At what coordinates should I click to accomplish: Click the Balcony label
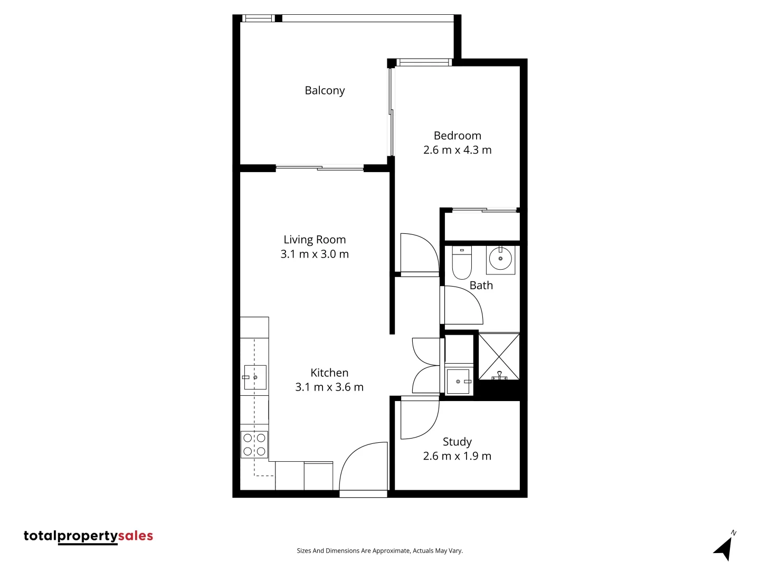(x=325, y=91)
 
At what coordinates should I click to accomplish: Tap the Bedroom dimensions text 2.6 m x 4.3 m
(x=457, y=150)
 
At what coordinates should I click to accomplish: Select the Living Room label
(x=315, y=240)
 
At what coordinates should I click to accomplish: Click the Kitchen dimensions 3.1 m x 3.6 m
(x=329, y=387)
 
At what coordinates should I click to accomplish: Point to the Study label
(x=457, y=442)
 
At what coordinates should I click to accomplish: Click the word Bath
(x=481, y=286)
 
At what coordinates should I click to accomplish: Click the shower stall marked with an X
(x=499, y=356)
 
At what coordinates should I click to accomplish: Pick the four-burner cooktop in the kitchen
(x=254, y=444)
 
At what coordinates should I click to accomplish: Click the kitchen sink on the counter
(x=255, y=377)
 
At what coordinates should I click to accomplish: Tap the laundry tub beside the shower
(x=458, y=381)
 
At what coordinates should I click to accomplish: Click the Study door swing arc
(x=420, y=420)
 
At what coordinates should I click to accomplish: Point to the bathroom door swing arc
(x=463, y=305)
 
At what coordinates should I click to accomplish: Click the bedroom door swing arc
(x=420, y=253)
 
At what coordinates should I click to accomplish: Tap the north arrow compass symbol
(x=725, y=547)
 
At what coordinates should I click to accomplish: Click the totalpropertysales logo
(x=88, y=536)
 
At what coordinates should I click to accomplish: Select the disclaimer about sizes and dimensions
(x=379, y=551)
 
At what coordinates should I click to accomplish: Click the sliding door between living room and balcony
(x=320, y=168)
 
